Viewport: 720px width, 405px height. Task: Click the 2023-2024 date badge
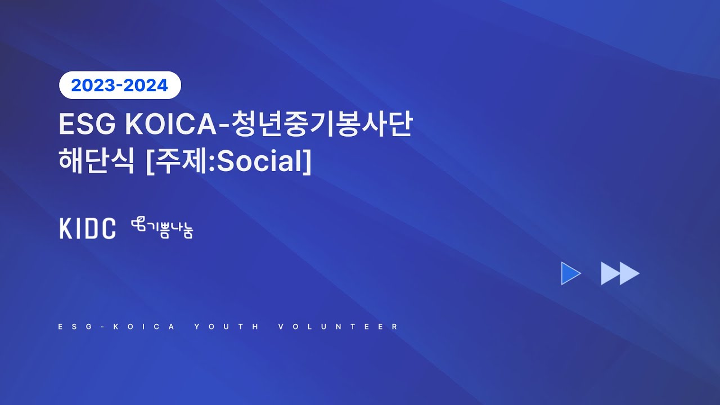coord(120,85)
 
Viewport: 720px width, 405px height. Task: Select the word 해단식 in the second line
coord(96,161)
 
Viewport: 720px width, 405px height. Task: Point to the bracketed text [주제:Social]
coord(228,161)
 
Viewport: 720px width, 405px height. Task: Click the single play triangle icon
coord(570,273)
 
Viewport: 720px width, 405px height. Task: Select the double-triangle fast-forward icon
coord(620,273)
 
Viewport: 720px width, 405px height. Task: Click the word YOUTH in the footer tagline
coord(227,327)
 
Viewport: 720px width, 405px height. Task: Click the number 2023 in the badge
coord(92,85)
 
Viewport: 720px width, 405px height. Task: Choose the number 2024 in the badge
coord(148,85)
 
